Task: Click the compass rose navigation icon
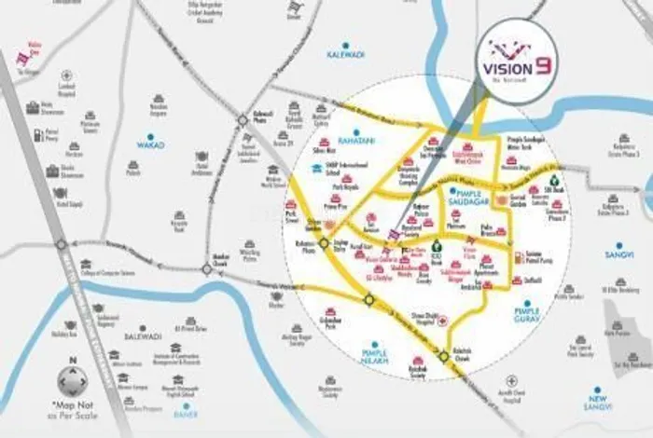[71, 384]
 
